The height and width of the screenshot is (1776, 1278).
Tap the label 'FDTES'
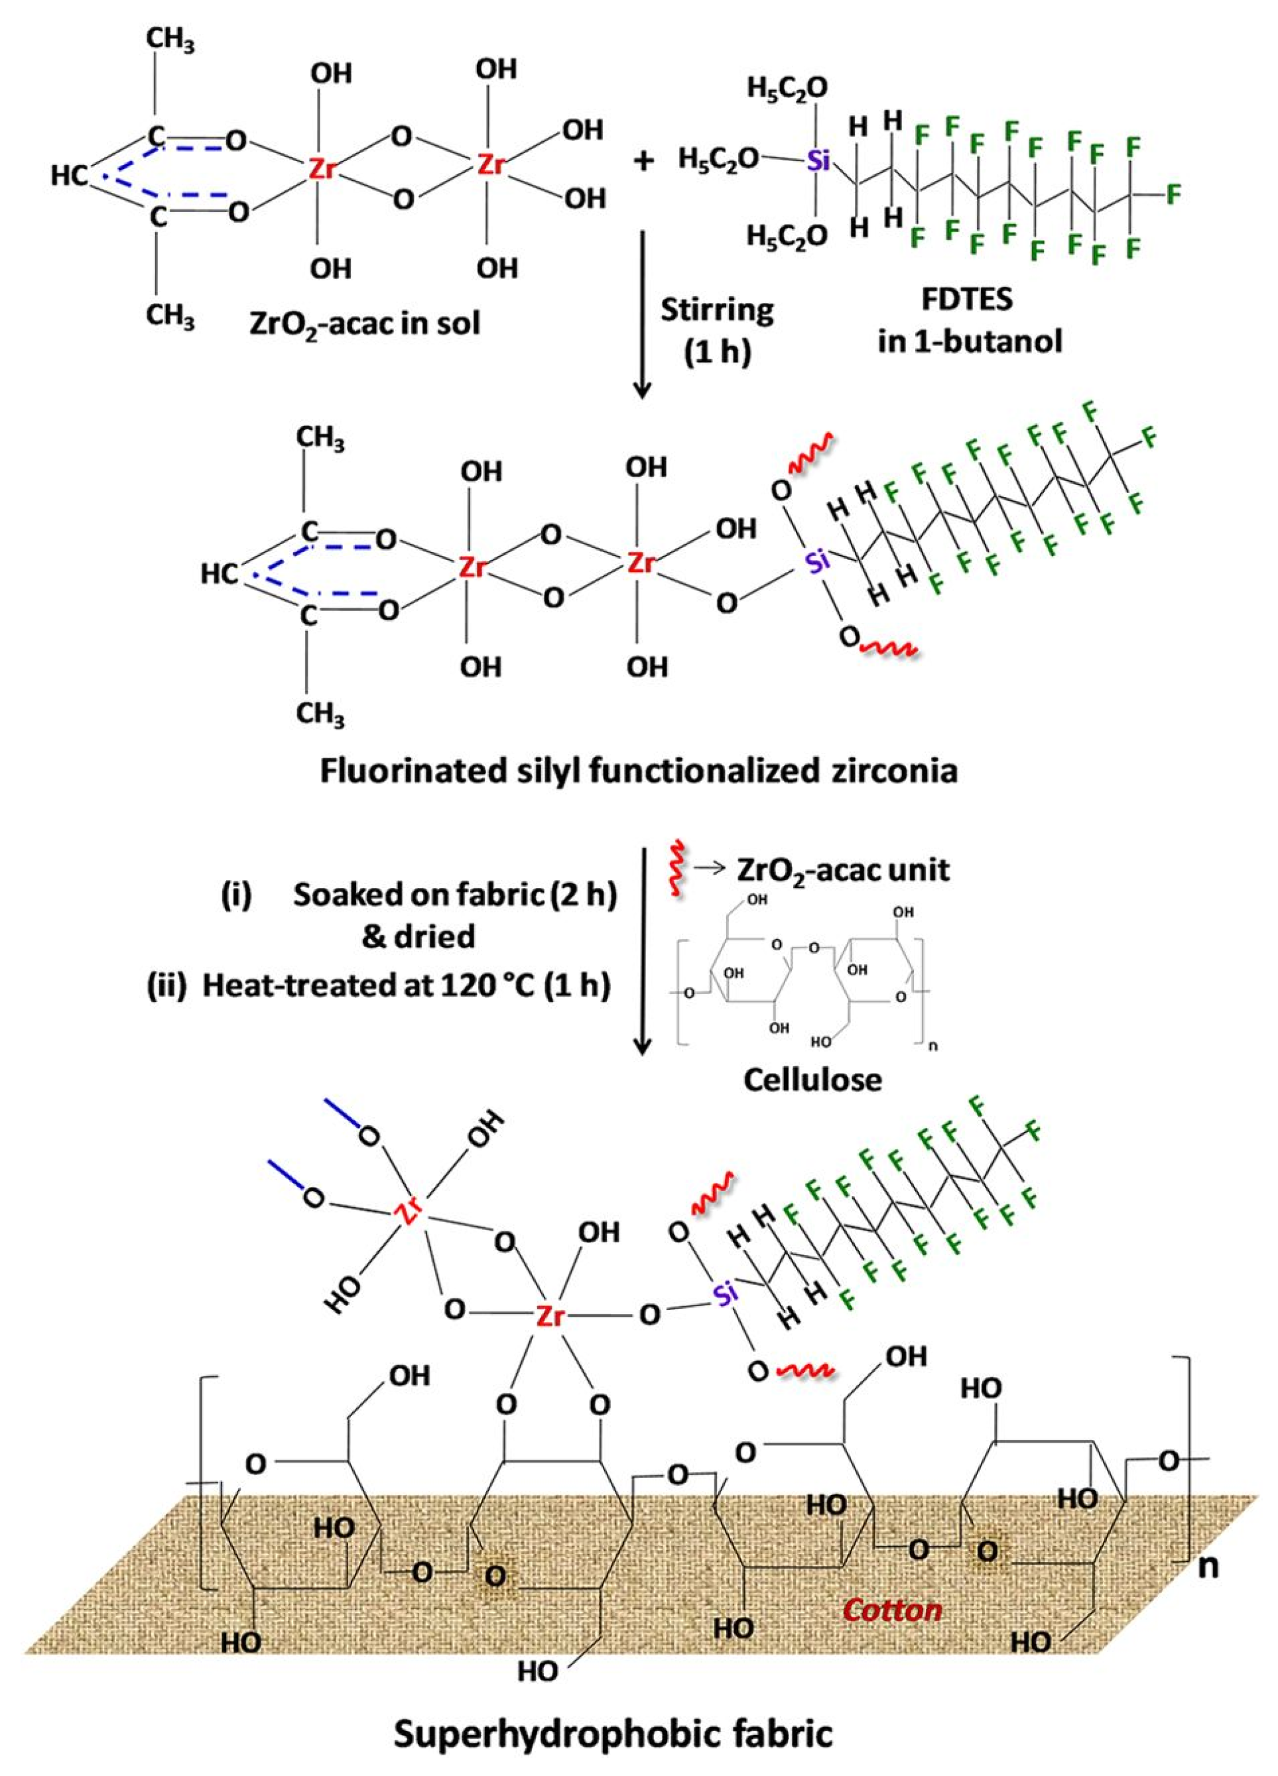pyautogui.click(x=969, y=302)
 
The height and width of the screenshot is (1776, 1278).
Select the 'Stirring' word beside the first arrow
pyautogui.click(x=717, y=310)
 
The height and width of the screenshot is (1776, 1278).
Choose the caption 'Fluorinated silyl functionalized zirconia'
pyautogui.click(x=639, y=771)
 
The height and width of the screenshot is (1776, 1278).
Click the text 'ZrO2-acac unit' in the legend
pyautogui.click(x=842, y=869)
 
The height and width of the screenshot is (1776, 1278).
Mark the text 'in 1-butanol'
pyautogui.click(x=969, y=342)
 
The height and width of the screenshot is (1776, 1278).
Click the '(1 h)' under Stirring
pyautogui.click(x=717, y=353)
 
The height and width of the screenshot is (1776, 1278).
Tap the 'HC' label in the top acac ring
pyautogui.click(x=69, y=176)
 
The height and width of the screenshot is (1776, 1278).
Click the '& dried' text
pyautogui.click(x=418, y=936)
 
